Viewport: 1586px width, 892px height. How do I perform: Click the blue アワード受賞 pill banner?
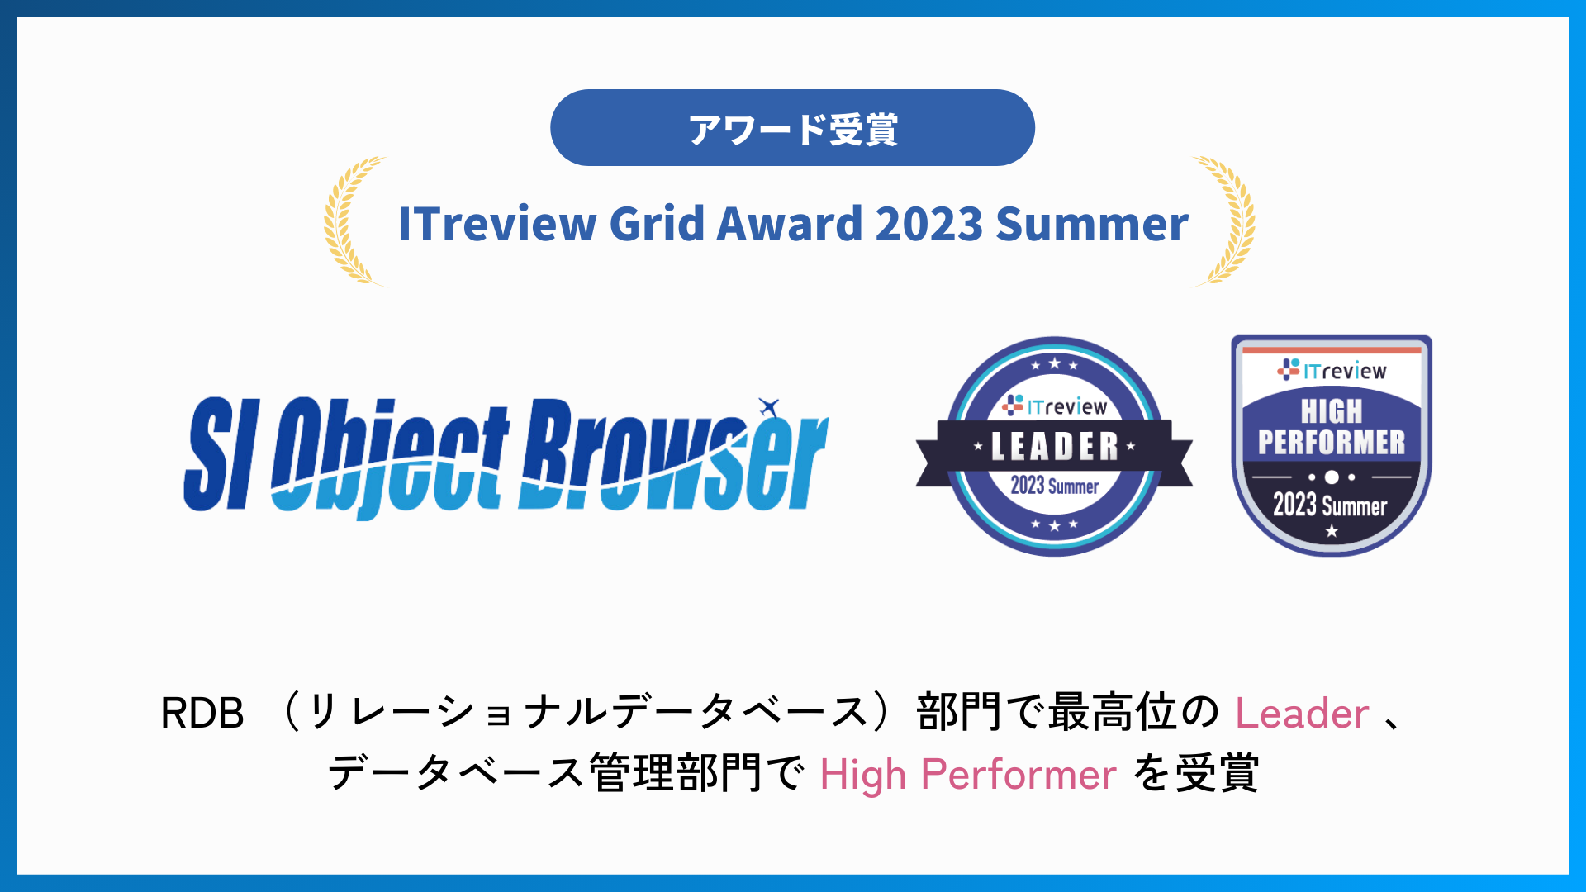[792, 128]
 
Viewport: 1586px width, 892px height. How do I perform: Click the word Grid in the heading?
[656, 224]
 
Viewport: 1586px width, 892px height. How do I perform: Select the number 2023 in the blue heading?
[928, 224]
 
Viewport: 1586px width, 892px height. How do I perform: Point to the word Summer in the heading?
[1092, 224]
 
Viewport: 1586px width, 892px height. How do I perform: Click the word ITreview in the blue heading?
[497, 224]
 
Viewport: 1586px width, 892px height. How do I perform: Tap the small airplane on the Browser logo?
[769, 406]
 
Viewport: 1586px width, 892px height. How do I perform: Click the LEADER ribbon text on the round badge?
[1054, 447]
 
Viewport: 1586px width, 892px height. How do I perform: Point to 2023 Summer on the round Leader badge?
[1054, 486]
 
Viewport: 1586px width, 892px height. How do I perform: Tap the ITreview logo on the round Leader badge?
[1054, 406]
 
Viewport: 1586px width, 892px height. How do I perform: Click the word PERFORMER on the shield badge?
[1331, 443]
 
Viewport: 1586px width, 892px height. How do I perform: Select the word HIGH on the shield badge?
[1331, 410]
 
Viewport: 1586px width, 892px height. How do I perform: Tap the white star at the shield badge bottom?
[1332, 531]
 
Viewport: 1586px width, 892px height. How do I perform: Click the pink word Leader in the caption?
[1302, 714]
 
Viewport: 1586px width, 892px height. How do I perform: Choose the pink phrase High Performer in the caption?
[968, 775]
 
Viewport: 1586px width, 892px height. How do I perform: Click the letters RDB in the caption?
[202, 714]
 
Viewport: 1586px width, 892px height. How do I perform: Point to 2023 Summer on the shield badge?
[1330, 505]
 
